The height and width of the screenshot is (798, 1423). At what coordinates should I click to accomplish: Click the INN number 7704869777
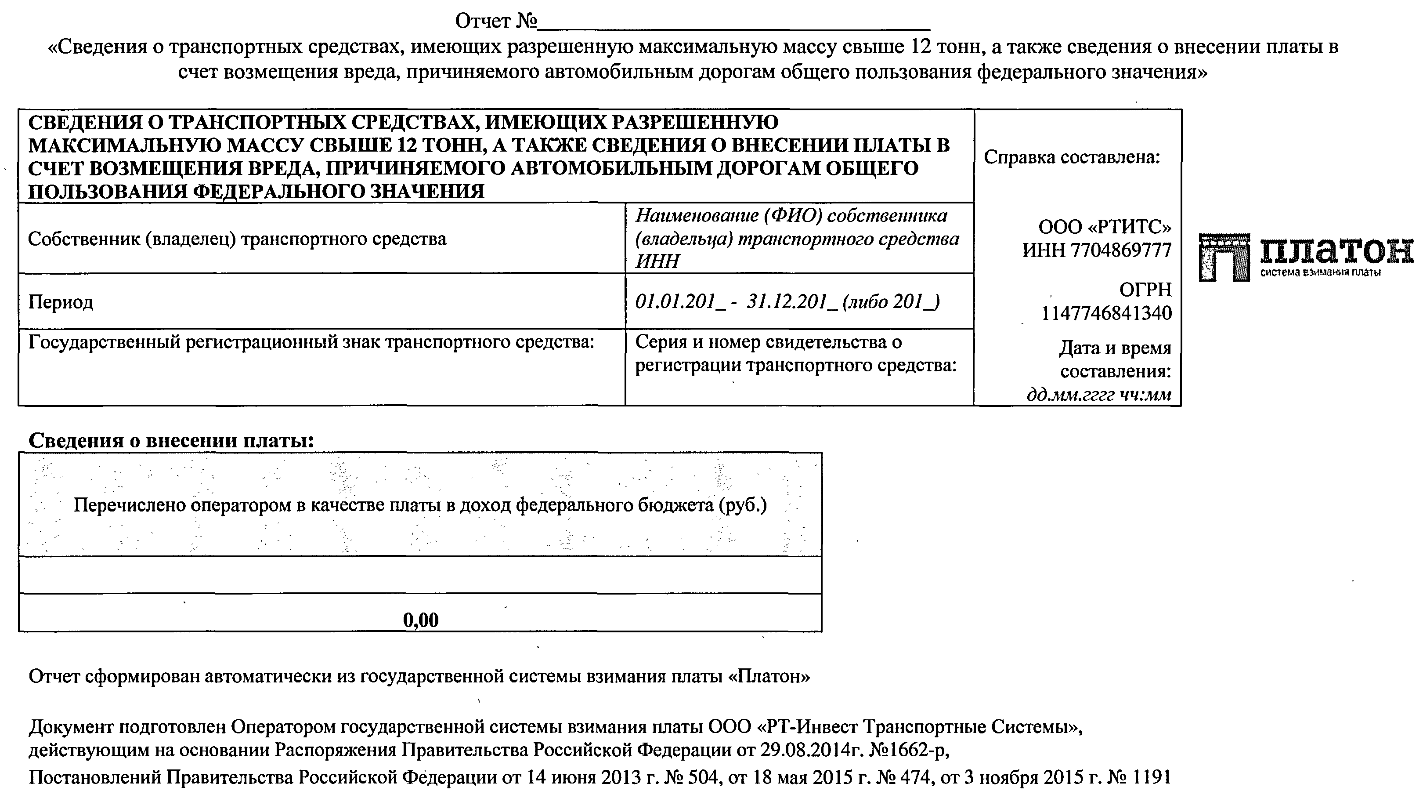click(1121, 250)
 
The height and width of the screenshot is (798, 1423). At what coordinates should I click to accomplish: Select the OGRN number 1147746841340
click(1106, 313)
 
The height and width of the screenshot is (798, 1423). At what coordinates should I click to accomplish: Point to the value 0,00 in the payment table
click(421, 620)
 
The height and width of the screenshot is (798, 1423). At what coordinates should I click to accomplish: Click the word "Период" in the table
click(61, 302)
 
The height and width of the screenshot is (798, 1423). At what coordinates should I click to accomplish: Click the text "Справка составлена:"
click(1072, 157)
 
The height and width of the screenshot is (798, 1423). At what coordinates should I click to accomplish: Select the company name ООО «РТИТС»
click(1105, 227)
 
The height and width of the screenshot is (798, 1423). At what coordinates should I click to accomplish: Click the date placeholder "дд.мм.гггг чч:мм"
click(1099, 395)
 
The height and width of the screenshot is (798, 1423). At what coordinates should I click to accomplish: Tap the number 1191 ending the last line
click(1151, 777)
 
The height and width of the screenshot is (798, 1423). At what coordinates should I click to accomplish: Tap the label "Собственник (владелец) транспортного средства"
click(237, 239)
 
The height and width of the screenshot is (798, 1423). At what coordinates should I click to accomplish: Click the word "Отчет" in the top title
click(483, 21)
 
